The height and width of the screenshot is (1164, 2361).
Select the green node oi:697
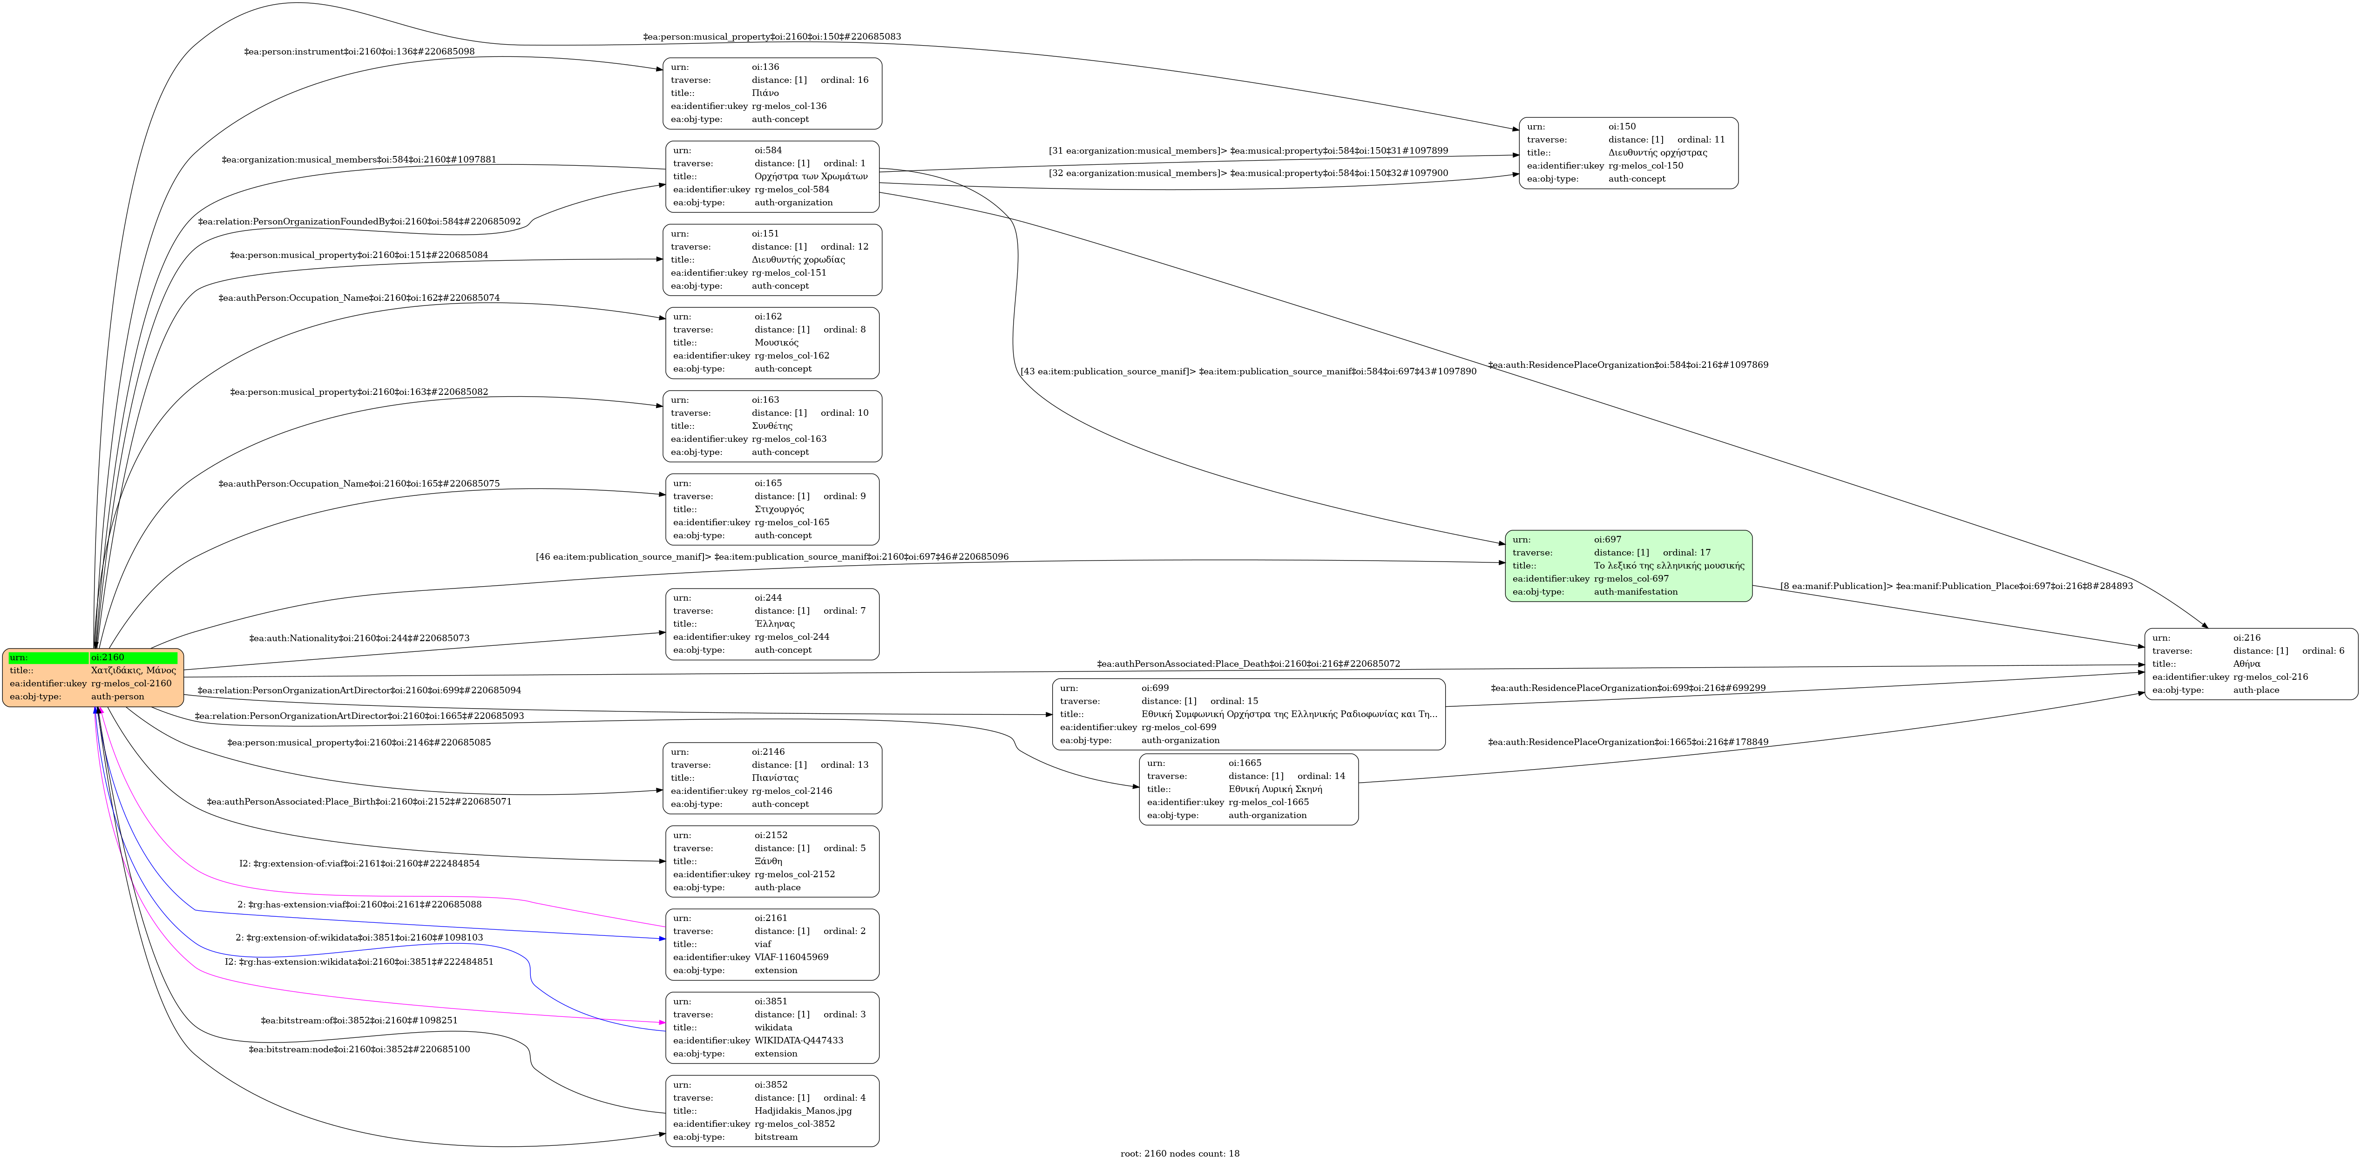click(x=1628, y=566)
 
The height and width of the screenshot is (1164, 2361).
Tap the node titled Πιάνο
click(x=772, y=94)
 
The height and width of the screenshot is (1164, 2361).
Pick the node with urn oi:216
click(x=2250, y=663)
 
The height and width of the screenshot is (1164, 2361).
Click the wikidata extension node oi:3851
click(x=772, y=1028)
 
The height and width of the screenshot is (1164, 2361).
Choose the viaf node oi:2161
click(x=772, y=944)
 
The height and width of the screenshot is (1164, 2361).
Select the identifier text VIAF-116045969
click(x=791, y=957)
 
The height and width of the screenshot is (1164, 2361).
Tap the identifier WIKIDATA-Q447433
click(x=798, y=1040)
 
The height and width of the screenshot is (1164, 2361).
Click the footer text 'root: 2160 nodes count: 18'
click(x=1180, y=1153)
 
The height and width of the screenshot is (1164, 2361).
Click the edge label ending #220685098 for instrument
click(x=359, y=51)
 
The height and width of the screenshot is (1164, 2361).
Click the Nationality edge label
click(x=359, y=638)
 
